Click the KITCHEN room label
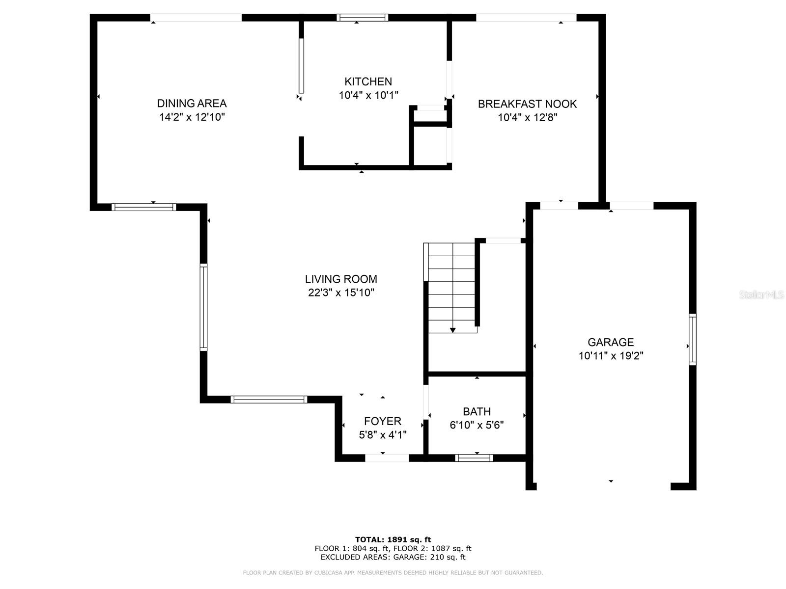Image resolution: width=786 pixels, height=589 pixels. tap(368, 81)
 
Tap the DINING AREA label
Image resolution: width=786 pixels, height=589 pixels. tap(192, 103)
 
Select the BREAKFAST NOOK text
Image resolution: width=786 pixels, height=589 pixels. tap(527, 104)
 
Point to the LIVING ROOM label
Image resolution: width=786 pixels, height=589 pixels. tap(341, 279)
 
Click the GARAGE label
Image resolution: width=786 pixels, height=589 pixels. tap(611, 342)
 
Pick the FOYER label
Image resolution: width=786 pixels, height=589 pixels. tap(382, 421)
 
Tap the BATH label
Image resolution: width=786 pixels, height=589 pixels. tap(477, 411)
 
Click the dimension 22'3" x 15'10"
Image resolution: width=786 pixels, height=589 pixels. tap(341, 293)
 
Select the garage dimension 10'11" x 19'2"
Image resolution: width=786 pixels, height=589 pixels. tap(611, 356)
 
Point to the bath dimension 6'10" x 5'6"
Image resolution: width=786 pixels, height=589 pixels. tap(477, 425)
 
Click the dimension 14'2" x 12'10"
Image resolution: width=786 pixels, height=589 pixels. tap(192, 117)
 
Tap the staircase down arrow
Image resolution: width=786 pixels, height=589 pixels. tap(452, 330)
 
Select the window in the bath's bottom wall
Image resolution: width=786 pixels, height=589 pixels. tap(474, 458)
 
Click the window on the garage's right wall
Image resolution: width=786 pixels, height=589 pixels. tap(692, 339)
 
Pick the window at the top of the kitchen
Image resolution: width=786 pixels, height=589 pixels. tap(362, 18)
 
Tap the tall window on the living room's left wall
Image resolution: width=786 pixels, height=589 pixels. tap(203, 307)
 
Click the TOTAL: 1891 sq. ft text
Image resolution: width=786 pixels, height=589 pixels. tap(393, 539)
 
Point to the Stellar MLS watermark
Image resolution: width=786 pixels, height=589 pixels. tap(761, 295)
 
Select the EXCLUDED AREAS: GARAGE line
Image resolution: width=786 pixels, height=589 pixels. tap(393, 557)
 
